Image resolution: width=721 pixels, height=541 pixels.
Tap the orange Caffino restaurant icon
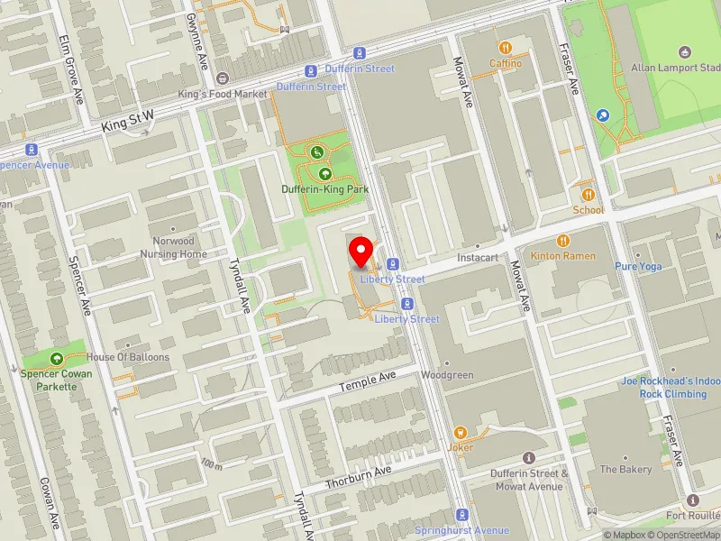point(506,47)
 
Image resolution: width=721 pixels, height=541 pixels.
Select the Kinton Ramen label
point(562,256)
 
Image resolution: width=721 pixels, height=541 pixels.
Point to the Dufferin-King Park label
point(325,190)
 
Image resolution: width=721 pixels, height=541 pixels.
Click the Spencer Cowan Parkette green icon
point(58,358)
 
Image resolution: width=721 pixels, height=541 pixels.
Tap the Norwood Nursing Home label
point(173,248)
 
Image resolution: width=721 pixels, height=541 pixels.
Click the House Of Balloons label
point(128,357)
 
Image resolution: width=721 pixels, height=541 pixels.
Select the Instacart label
point(478,258)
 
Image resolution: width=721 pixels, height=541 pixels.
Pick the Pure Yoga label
point(638,267)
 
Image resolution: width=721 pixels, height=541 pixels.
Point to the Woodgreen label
point(447,375)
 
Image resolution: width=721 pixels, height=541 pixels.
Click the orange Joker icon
point(461,433)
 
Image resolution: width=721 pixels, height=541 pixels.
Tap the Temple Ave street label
point(368,381)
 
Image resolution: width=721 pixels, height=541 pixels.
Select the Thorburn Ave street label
point(359,475)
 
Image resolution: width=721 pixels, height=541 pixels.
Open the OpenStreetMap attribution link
point(686,535)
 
